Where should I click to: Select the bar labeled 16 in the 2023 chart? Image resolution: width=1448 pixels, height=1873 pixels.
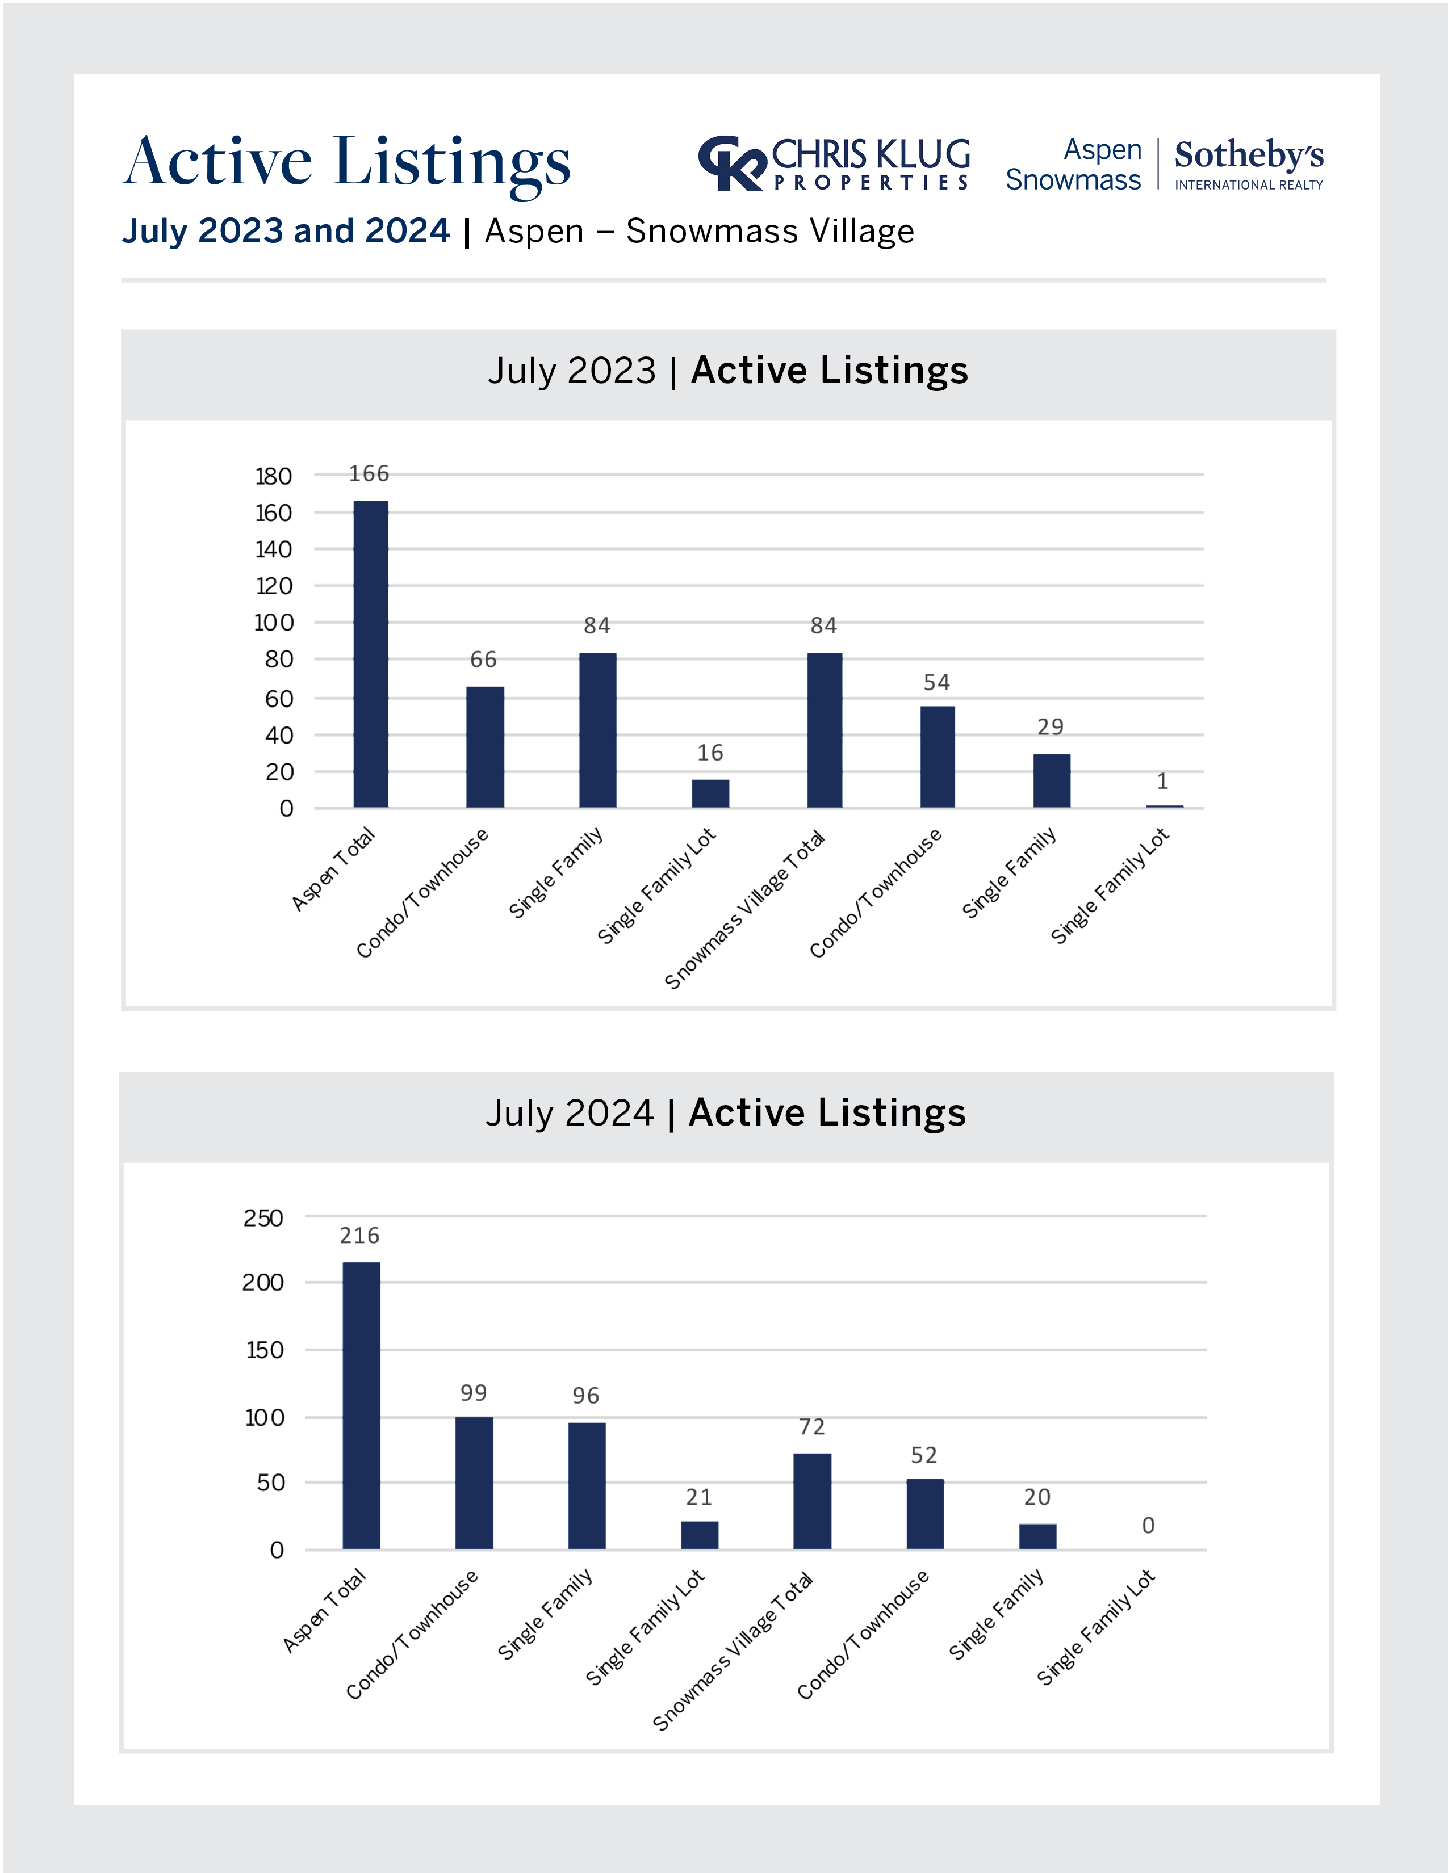(x=710, y=793)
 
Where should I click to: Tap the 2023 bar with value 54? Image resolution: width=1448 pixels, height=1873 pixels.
(x=937, y=757)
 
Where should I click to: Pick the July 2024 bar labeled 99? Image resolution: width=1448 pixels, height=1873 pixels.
(x=474, y=1483)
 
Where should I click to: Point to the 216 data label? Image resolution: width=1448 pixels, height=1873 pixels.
(x=359, y=1236)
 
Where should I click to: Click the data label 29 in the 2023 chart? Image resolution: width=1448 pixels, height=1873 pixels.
(x=1051, y=727)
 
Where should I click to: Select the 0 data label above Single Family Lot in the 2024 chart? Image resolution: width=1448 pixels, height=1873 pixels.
(x=1148, y=1526)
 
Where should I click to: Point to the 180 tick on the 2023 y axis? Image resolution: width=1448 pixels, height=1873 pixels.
(x=274, y=476)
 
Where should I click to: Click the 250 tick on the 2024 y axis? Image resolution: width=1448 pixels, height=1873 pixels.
(x=263, y=1219)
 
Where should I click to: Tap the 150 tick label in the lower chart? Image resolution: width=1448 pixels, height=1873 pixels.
(x=265, y=1351)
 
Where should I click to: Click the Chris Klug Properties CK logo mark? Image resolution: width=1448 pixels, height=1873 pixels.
(x=731, y=163)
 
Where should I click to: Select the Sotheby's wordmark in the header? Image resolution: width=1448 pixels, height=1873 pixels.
(x=1249, y=155)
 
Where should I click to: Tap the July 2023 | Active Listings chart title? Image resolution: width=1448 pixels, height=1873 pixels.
(x=727, y=371)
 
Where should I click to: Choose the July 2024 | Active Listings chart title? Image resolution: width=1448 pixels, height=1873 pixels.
(x=726, y=1113)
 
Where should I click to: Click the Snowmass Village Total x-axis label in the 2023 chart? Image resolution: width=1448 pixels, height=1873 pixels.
(x=744, y=909)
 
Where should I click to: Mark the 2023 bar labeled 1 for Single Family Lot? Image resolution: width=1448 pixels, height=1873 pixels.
(x=1164, y=806)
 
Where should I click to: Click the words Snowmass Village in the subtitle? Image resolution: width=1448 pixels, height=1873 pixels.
(x=769, y=232)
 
